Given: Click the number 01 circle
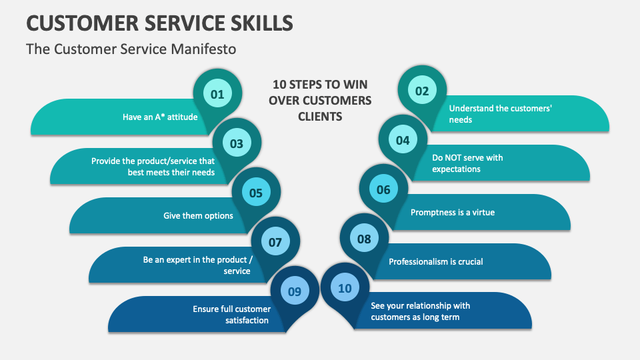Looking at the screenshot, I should coord(217,95).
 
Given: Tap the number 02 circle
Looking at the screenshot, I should coord(422,91).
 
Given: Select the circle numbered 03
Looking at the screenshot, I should coord(237,143).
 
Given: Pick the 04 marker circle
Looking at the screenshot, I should coord(403,141).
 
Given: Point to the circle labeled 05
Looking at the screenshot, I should coord(256,193).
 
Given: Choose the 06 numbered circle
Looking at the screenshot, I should coord(383,190).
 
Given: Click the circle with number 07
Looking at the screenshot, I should coord(275,243).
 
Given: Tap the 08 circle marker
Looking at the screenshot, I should coord(364,239).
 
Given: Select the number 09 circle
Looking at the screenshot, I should coord(295,291).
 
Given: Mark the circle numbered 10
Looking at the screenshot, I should coord(345,288).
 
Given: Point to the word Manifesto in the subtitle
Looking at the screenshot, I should coord(203,49).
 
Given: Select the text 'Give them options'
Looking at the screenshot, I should coord(198,215).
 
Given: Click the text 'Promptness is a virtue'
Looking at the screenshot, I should coord(452,213).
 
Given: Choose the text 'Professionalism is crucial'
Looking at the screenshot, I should coord(436,261).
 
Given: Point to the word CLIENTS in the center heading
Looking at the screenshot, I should coord(320,117).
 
